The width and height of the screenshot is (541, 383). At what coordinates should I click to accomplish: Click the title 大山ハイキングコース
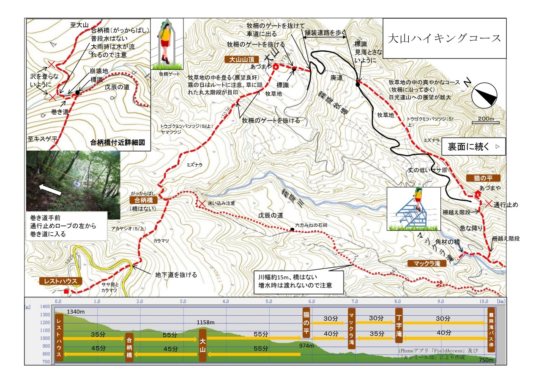tap(444, 38)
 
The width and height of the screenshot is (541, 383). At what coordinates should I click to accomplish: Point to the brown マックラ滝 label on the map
tap(424, 263)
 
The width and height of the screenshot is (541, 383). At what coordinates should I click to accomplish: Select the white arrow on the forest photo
tap(50, 189)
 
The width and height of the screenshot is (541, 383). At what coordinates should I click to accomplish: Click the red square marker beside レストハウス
tap(66, 292)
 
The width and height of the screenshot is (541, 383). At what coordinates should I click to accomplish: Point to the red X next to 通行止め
tap(489, 204)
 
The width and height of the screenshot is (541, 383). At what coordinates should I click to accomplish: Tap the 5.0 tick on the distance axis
tap(269, 302)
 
